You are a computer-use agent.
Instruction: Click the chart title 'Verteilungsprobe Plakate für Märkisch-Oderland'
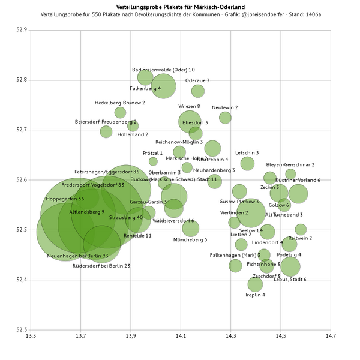(180, 6)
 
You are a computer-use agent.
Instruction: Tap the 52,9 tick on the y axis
(20, 30)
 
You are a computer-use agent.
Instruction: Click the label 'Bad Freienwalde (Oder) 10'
(163, 70)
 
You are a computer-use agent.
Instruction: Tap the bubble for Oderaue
(198, 91)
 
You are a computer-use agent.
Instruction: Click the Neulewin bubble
(225, 118)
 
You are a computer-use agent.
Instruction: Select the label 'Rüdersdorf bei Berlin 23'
(101, 265)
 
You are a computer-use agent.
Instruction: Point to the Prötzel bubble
(153, 161)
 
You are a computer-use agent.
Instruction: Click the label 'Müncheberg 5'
(190, 239)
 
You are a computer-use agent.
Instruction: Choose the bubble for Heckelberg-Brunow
(120, 113)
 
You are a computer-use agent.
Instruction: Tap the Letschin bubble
(247, 163)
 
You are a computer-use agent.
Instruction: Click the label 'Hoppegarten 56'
(64, 199)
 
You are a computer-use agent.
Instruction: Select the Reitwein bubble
(301, 229)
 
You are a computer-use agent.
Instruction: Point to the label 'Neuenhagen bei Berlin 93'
(77, 256)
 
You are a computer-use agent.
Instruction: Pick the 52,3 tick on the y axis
(20, 329)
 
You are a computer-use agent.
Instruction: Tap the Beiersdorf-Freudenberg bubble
(106, 132)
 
